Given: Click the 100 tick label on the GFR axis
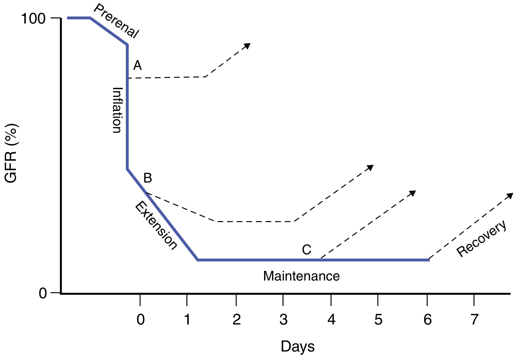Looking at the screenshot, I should click(x=34, y=18).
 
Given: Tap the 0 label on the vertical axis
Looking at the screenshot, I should click(x=43, y=293).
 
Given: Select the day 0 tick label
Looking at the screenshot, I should click(x=141, y=319).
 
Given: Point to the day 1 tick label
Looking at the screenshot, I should click(x=187, y=319).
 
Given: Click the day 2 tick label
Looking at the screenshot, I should click(x=236, y=319).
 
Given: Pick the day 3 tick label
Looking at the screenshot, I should click(x=283, y=319).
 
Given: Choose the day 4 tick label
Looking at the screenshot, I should click(x=331, y=319).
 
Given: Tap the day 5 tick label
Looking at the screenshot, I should click(x=378, y=319).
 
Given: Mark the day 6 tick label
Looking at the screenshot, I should click(x=427, y=319).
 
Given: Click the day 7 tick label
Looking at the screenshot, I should click(x=474, y=319).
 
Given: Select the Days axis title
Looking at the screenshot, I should click(x=298, y=346).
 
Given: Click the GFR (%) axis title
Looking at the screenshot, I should click(x=11, y=153).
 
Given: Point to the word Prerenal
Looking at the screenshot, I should click(x=116, y=21).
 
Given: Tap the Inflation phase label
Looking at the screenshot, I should click(x=117, y=110).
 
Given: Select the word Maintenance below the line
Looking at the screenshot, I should click(x=301, y=276).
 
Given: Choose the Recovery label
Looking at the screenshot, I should click(x=482, y=238).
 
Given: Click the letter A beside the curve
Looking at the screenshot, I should click(x=137, y=66).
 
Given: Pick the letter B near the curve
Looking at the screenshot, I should click(x=147, y=178).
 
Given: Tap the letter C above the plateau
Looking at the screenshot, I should click(x=307, y=250).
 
